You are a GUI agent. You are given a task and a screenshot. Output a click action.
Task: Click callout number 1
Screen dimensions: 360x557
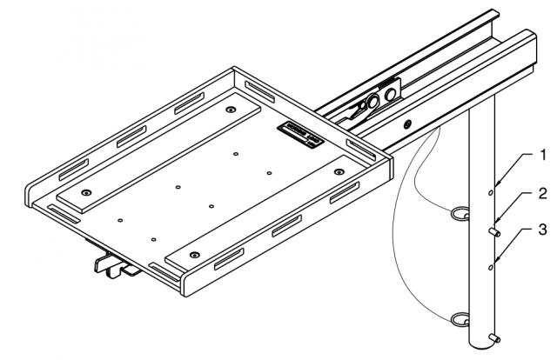click(x=543, y=157)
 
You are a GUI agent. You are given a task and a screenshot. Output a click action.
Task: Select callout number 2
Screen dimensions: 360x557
click(x=543, y=193)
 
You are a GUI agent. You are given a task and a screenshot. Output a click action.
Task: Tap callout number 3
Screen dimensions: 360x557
click(x=543, y=230)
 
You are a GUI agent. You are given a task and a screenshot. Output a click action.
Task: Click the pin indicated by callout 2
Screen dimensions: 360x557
click(x=495, y=232)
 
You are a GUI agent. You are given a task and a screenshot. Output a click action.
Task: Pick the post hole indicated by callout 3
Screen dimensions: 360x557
click(x=491, y=269)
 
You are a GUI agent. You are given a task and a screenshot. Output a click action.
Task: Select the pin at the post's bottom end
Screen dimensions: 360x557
click(x=495, y=338)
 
